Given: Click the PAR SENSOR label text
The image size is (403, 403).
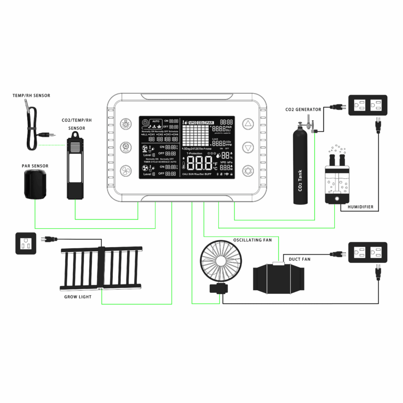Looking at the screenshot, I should click(x=35, y=166).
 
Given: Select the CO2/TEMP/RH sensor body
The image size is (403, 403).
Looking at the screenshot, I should click(x=76, y=168).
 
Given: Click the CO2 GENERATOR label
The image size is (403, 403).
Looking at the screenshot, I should click(x=303, y=110).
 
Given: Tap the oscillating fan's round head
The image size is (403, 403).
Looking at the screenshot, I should click(x=219, y=262).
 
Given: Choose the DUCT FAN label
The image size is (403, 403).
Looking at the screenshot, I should click(x=300, y=259).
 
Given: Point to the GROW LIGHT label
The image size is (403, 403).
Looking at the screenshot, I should click(x=77, y=297).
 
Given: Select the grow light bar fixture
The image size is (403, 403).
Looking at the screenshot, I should click(x=101, y=268).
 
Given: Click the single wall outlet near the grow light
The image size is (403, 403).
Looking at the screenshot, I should click(x=26, y=243).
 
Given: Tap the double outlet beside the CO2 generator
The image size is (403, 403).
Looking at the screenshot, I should click(x=368, y=105).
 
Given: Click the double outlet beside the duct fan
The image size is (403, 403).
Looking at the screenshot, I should click(x=368, y=253).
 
